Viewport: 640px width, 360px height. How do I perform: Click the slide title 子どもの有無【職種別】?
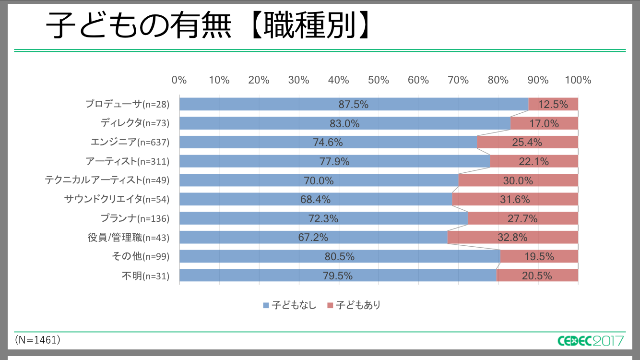(209, 26)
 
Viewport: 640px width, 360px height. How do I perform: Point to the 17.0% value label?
(544, 123)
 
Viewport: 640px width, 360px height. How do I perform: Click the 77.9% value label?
(334, 161)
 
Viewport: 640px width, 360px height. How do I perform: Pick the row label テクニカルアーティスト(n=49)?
(107, 180)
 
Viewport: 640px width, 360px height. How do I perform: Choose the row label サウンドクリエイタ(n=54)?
(117, 199)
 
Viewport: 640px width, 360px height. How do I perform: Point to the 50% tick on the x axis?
(379, 80)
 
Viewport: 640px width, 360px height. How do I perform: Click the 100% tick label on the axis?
(578, 80)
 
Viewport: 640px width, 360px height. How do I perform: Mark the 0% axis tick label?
(179, 80)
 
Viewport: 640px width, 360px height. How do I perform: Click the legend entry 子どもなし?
(290, 305)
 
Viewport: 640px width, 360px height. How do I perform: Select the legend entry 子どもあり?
(354, 305)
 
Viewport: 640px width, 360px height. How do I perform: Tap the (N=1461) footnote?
(37, 340)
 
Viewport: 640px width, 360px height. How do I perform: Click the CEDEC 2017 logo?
(591, 340)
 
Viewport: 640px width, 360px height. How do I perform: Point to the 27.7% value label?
(522, 218)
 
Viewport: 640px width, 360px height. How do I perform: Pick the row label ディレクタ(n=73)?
(135, 123)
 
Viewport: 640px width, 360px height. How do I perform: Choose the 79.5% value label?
(338, 276)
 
